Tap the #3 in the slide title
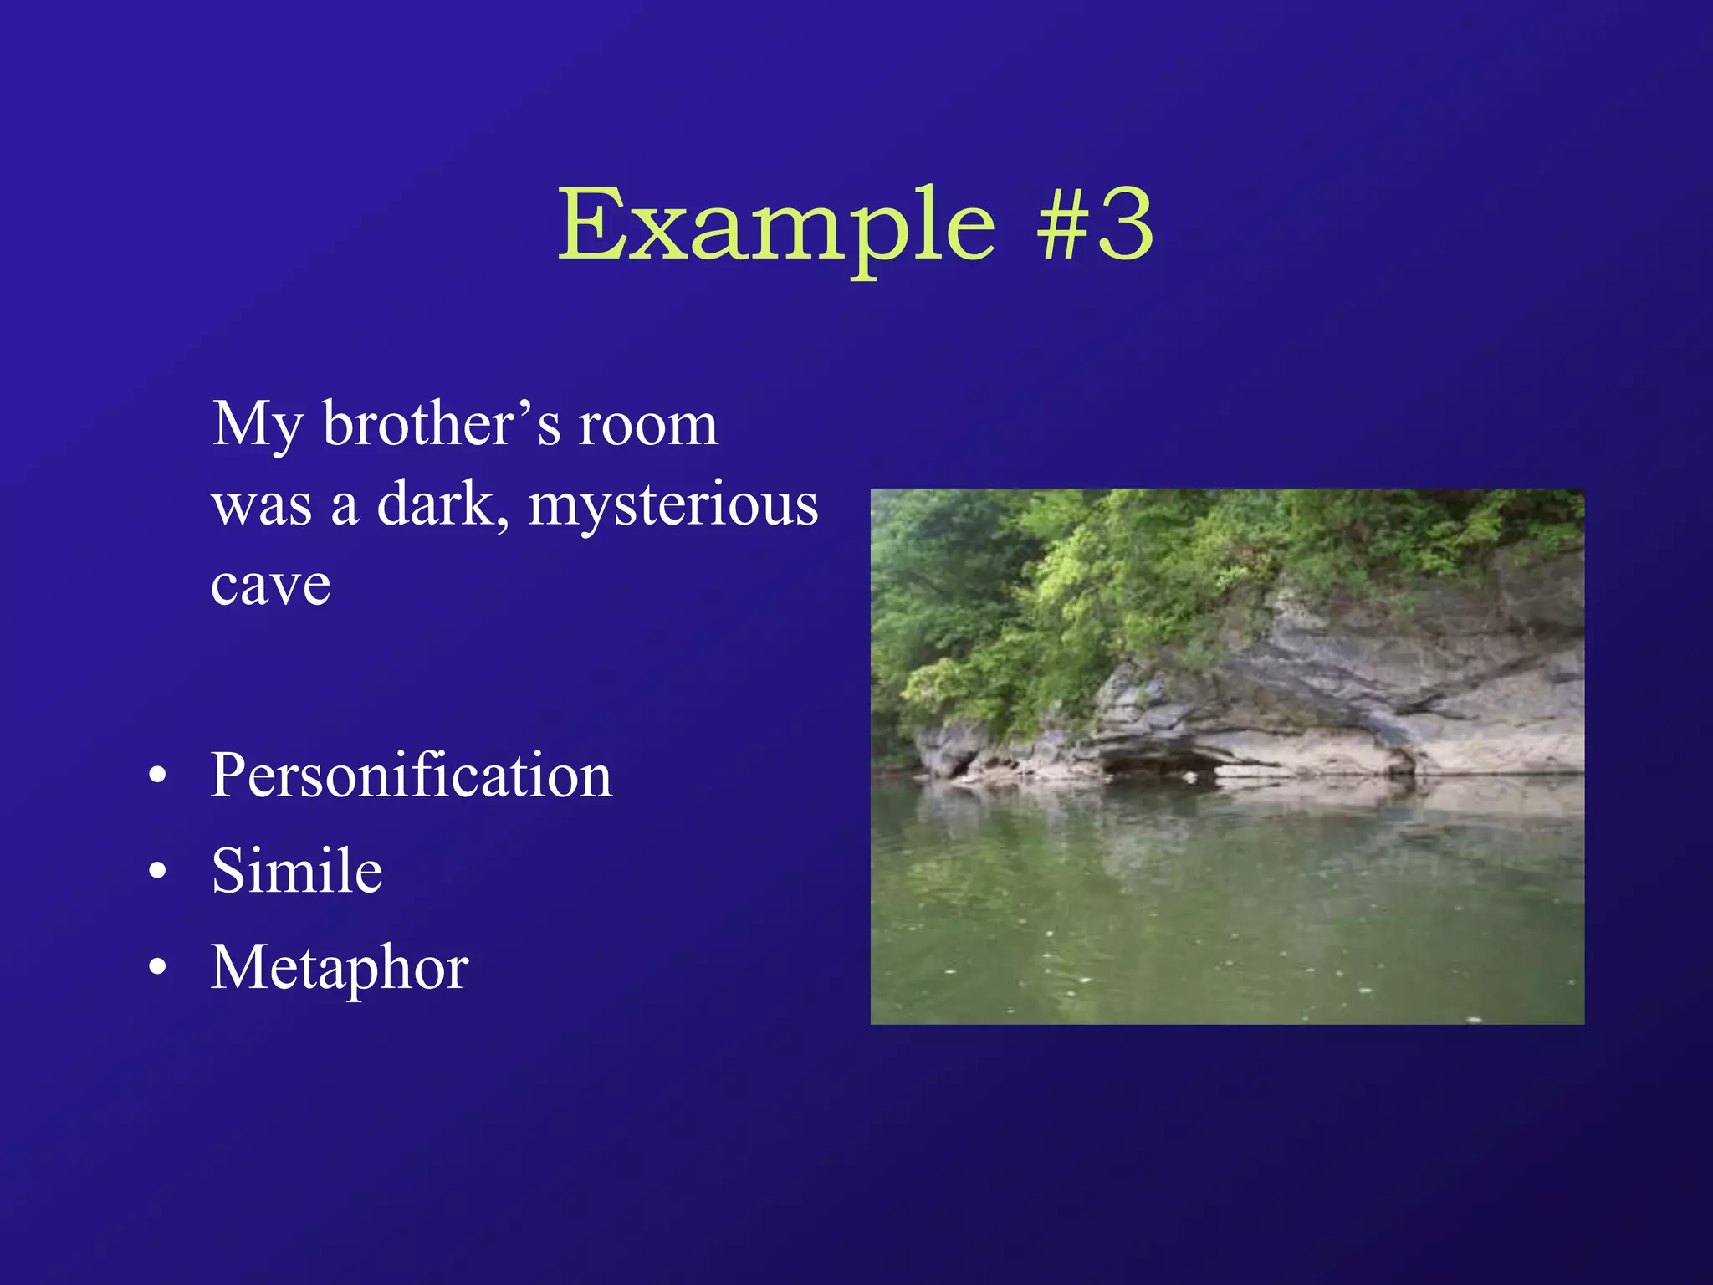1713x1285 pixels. click(x=1096, y=224)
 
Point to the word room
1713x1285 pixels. click(x=648, y=425)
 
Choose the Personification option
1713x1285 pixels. click(x=411, y=775)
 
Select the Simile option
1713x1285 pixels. click(x=297, y=871)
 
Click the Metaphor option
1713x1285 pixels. click(x=339, y=968)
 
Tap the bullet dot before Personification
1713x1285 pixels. click(x=157, y=776)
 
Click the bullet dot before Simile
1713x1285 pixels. click(x=157, y=872)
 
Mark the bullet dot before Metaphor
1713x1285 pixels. click(x=157, y=968)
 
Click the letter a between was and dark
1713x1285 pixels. click(x=345, y=509)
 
